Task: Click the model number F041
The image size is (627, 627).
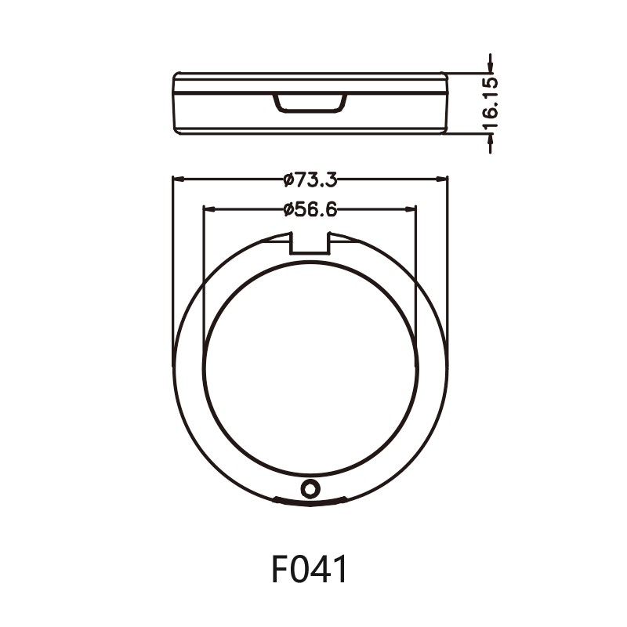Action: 310,570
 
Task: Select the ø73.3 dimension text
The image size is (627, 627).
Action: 310,179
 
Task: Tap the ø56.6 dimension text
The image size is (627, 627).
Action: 310,209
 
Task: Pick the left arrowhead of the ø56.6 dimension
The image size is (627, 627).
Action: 208,209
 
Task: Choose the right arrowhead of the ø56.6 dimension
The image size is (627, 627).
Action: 411,209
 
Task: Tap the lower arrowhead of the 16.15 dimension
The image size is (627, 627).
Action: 490,139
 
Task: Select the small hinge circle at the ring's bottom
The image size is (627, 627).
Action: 311,488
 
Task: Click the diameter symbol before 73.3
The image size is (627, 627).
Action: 288,180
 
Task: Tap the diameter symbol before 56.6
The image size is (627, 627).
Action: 288,209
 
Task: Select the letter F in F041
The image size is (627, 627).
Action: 281,570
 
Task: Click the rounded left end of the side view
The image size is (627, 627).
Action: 176,103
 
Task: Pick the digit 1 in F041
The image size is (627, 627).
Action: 339,570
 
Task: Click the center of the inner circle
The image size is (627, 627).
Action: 310,370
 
